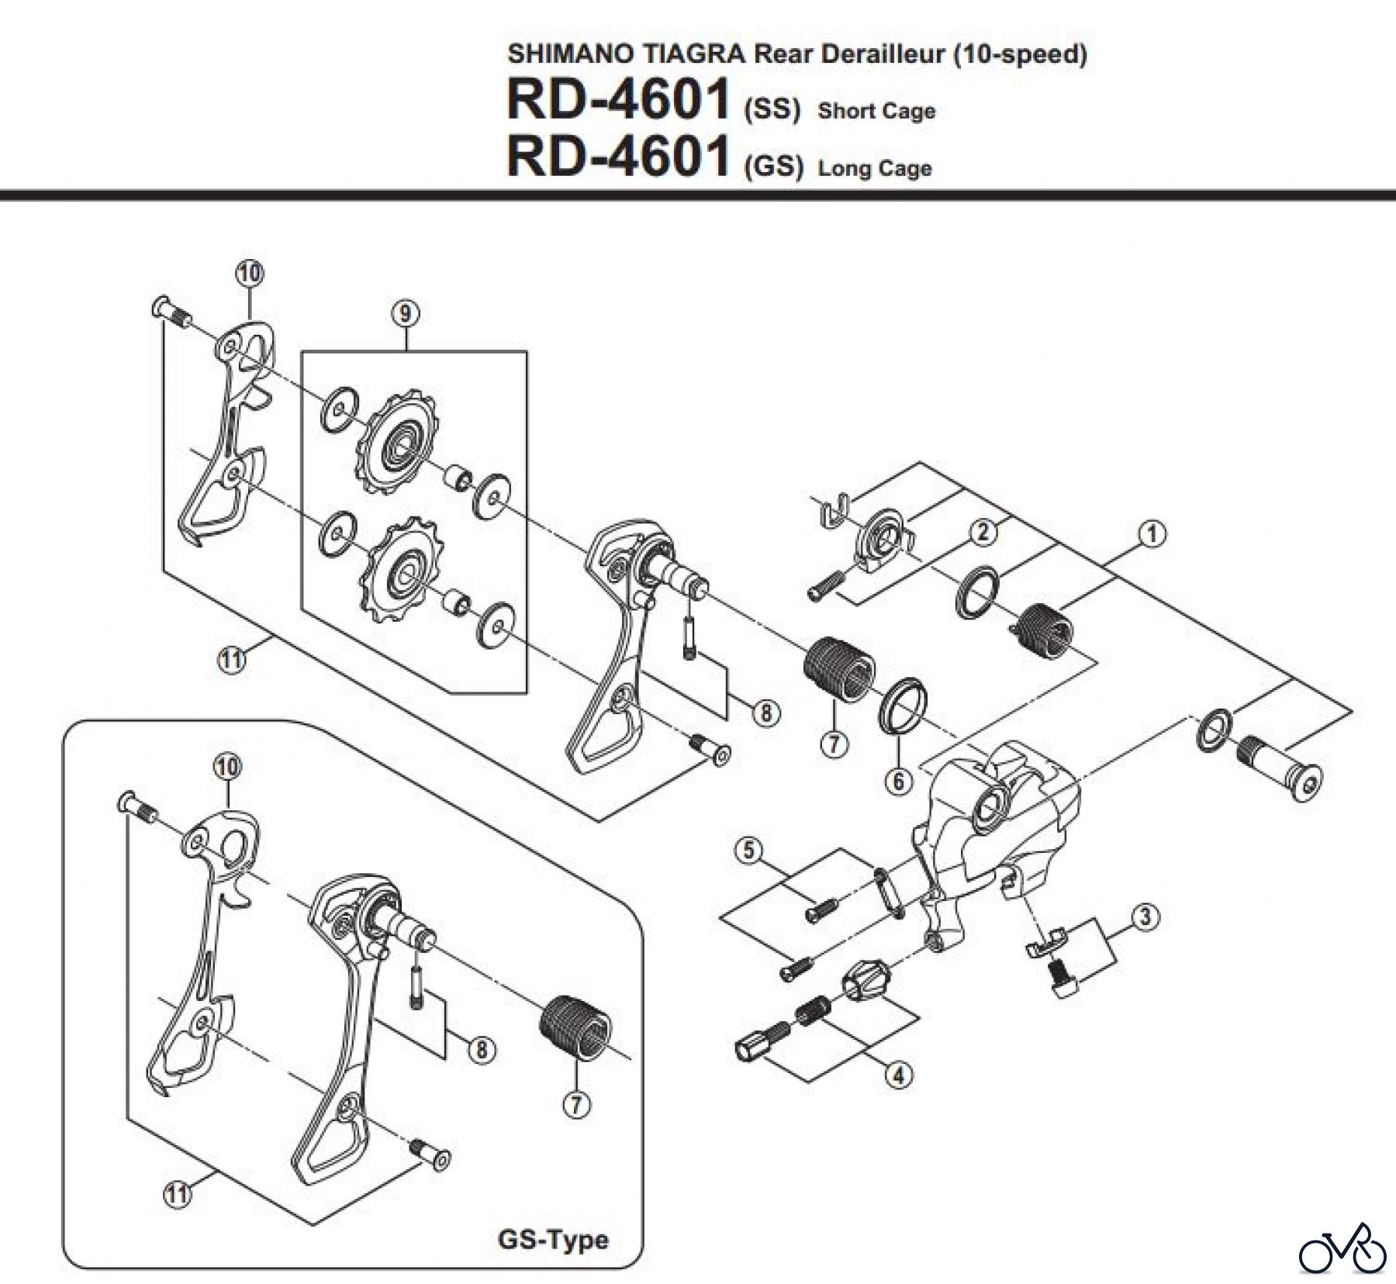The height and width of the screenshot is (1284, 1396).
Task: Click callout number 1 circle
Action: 1152,533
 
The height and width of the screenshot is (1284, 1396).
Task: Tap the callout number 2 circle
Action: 983,532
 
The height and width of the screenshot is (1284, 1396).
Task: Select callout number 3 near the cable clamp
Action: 1145,916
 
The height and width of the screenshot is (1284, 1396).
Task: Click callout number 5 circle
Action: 748,850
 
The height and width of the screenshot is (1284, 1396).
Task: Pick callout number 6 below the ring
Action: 898,780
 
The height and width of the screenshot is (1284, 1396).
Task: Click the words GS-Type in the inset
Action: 553,1239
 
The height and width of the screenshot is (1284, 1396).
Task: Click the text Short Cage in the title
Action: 876,111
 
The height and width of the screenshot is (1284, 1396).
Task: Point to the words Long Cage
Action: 875,168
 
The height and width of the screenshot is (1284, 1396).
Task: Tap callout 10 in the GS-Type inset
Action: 228,767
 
